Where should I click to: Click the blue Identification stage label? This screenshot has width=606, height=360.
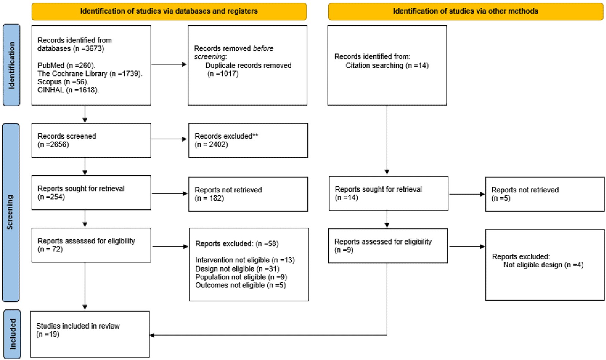(11, 65)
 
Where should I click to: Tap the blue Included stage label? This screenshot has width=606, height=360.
(12, 334)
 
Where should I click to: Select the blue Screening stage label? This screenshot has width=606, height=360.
(11, 213)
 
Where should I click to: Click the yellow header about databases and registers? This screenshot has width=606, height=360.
(169, 11)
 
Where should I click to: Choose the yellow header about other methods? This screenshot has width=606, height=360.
(466, 11)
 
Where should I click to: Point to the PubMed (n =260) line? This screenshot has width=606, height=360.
(66, 66)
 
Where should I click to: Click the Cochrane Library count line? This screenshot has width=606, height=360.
(90, 74)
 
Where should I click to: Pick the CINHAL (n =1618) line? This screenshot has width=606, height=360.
(68, 90)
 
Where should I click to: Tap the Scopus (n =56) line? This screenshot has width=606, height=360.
(63, 82)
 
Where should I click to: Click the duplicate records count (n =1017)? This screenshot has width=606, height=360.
(223, 74)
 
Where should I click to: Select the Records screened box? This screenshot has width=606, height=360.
(91, 140)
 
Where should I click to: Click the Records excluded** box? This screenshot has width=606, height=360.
(248, 140)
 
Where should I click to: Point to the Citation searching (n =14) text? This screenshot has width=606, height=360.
(387, 66)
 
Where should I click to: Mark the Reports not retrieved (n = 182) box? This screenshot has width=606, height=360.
(248, 194)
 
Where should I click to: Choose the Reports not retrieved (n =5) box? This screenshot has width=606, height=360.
(545, 194)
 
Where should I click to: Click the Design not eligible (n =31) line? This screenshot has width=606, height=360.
(237, 269)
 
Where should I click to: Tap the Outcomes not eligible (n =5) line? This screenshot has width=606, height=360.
(240, 285)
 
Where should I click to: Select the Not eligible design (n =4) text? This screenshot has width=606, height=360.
(543, 265)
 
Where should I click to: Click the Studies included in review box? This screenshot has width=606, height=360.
(90, 334)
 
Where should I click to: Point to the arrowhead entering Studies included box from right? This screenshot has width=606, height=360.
(152, 335)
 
